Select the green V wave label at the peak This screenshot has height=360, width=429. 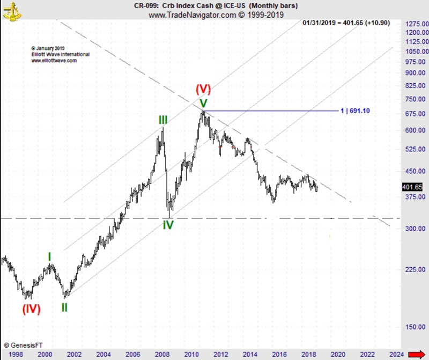(x=203, y=103)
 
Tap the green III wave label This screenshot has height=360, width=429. (x=162, y=120)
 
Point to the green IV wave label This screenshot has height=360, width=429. (x=168, y=225)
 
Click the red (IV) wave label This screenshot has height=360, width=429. (x=31, y=309)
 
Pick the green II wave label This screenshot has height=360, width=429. (x=64, y=307)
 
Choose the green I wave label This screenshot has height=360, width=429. (x=49, y=257)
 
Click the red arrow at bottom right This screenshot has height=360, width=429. (x=417, y=354)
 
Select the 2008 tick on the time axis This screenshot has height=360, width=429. (x=161, y=354)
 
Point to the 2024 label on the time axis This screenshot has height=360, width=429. (x=396, y=354)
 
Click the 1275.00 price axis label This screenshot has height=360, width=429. (x=416, y=24)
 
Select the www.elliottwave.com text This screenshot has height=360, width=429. (x=54, y=61)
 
